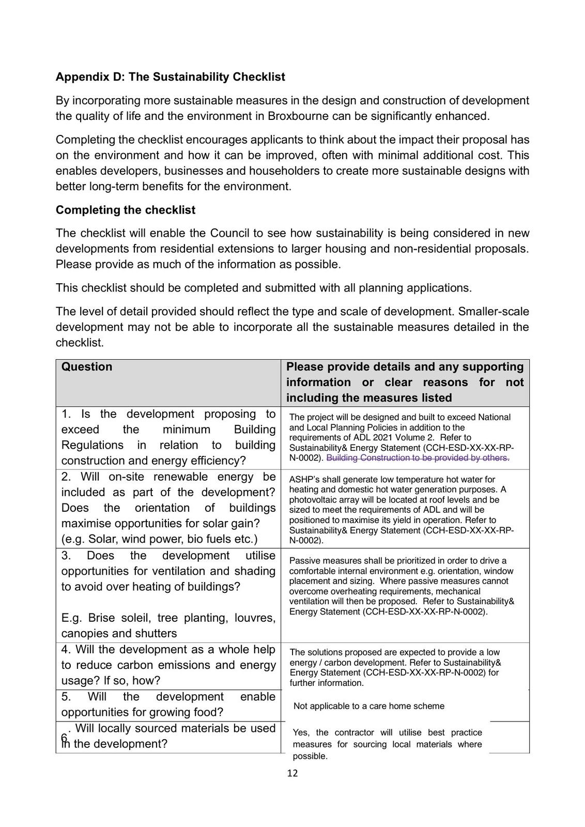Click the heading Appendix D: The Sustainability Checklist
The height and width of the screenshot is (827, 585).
(170, 77)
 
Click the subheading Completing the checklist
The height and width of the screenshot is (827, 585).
(126, 210)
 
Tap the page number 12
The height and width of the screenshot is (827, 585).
(292, 773)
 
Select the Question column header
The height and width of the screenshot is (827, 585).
(87, 367)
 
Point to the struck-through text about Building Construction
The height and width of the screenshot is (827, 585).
(418, 458)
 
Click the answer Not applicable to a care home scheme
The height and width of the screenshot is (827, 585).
(368, 706)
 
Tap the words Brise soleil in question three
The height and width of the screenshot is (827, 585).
(117, 618)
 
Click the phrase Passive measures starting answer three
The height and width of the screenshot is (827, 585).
(325, 561)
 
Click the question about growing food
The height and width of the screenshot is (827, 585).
(168, 705)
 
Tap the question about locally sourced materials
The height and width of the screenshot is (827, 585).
(168, 736)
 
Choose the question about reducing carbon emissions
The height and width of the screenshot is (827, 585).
(168, 665)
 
